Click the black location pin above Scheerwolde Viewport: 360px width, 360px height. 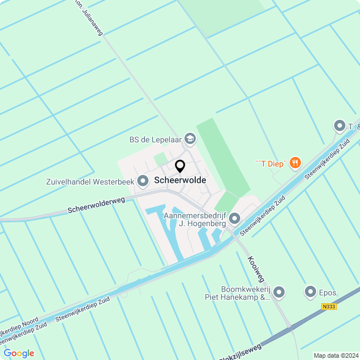[180, 166]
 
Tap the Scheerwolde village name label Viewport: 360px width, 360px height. [180, 181]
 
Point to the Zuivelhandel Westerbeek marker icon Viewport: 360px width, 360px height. [143, 181]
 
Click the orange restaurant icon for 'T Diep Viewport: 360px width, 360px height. [295, 163]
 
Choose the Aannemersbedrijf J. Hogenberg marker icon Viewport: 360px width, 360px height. [235, 218]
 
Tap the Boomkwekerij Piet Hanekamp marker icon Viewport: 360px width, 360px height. [279, 291]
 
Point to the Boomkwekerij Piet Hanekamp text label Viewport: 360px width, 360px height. [237, 293]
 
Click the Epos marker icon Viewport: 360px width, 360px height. [310, 291]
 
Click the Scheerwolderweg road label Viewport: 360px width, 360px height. [96, 205]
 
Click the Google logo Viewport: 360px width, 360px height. [19, 353]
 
